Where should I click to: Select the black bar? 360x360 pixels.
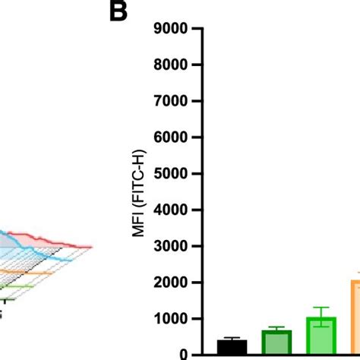[x=232, y=347]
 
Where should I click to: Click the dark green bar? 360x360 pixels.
[x=276, y=343]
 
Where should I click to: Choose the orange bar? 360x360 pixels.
[x=355, y=319]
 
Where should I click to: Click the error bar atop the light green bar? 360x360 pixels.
[x=321, y=310]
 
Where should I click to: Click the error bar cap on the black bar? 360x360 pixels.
[x=232, y=338]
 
